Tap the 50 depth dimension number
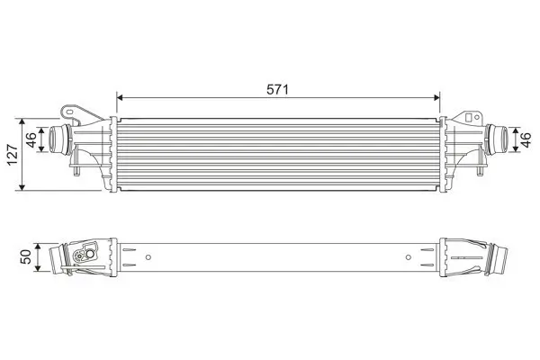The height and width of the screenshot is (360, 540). (x=26, y=257)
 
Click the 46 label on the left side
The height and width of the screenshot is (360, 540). (x=31, y=140)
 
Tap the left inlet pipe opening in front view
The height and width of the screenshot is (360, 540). (x=54, y=140)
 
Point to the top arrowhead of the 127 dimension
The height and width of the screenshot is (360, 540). (x=22, y=119)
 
